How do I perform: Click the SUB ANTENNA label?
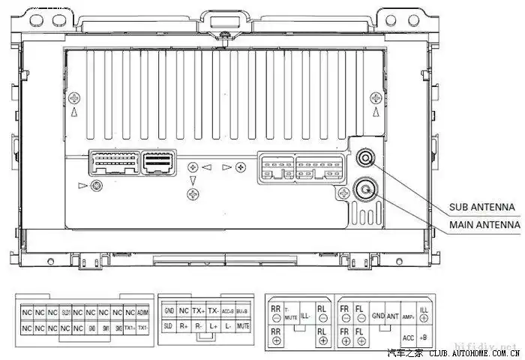click(481, 207)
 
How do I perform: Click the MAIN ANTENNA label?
click(484, 224)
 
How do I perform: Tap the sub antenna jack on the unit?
click(366, 158)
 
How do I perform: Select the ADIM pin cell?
click(143, 311)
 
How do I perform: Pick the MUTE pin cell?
click(243, 327)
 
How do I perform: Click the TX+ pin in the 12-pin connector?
click(199, 310)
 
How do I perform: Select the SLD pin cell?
click(168, 327)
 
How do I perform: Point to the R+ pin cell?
click(184, 327)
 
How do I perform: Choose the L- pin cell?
click(228, 327)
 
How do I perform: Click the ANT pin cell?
click(393, 316)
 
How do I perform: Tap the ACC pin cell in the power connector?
click(409, 337)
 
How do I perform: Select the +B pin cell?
click(424, 337)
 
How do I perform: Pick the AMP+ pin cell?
click(409, 316)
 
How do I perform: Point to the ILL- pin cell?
click(305, 316)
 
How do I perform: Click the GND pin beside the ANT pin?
click(378, 316)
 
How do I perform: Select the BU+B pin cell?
click(243, 310)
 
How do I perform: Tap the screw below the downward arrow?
click(194, 195)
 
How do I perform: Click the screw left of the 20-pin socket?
click(94, 185)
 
